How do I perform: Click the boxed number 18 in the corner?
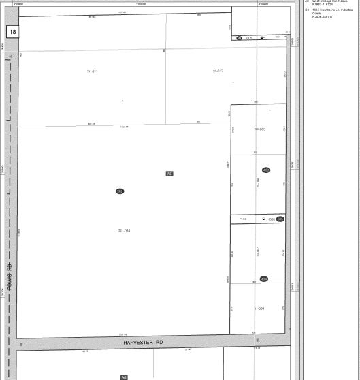(x=13, y=32)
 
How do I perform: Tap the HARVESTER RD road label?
(x=144, y=342)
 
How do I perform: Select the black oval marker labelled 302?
(x=120, y=191)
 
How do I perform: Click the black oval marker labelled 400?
(x=266, y=170)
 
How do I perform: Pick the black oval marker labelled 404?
(x=264, y=279)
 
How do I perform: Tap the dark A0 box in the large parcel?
(x=169, y=174)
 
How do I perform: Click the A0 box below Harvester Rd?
(x=124, y=377)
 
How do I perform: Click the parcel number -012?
(x=218, y=71)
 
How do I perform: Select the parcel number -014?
(x=124, y=231)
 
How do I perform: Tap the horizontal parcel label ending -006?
(x=259, y=129)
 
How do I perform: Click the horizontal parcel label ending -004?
(x=259, y=308)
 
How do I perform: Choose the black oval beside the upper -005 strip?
(x=239, y=38)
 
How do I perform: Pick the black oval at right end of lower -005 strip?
(x=280, y=219)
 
